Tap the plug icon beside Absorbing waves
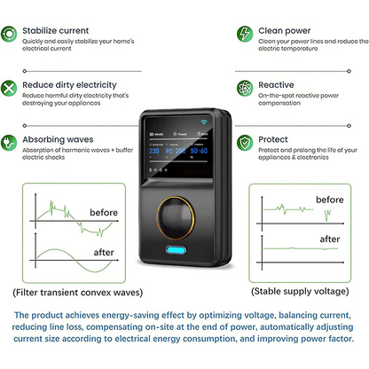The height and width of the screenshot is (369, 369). [x=12, y=141]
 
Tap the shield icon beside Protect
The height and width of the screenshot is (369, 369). [x=244, y=142]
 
